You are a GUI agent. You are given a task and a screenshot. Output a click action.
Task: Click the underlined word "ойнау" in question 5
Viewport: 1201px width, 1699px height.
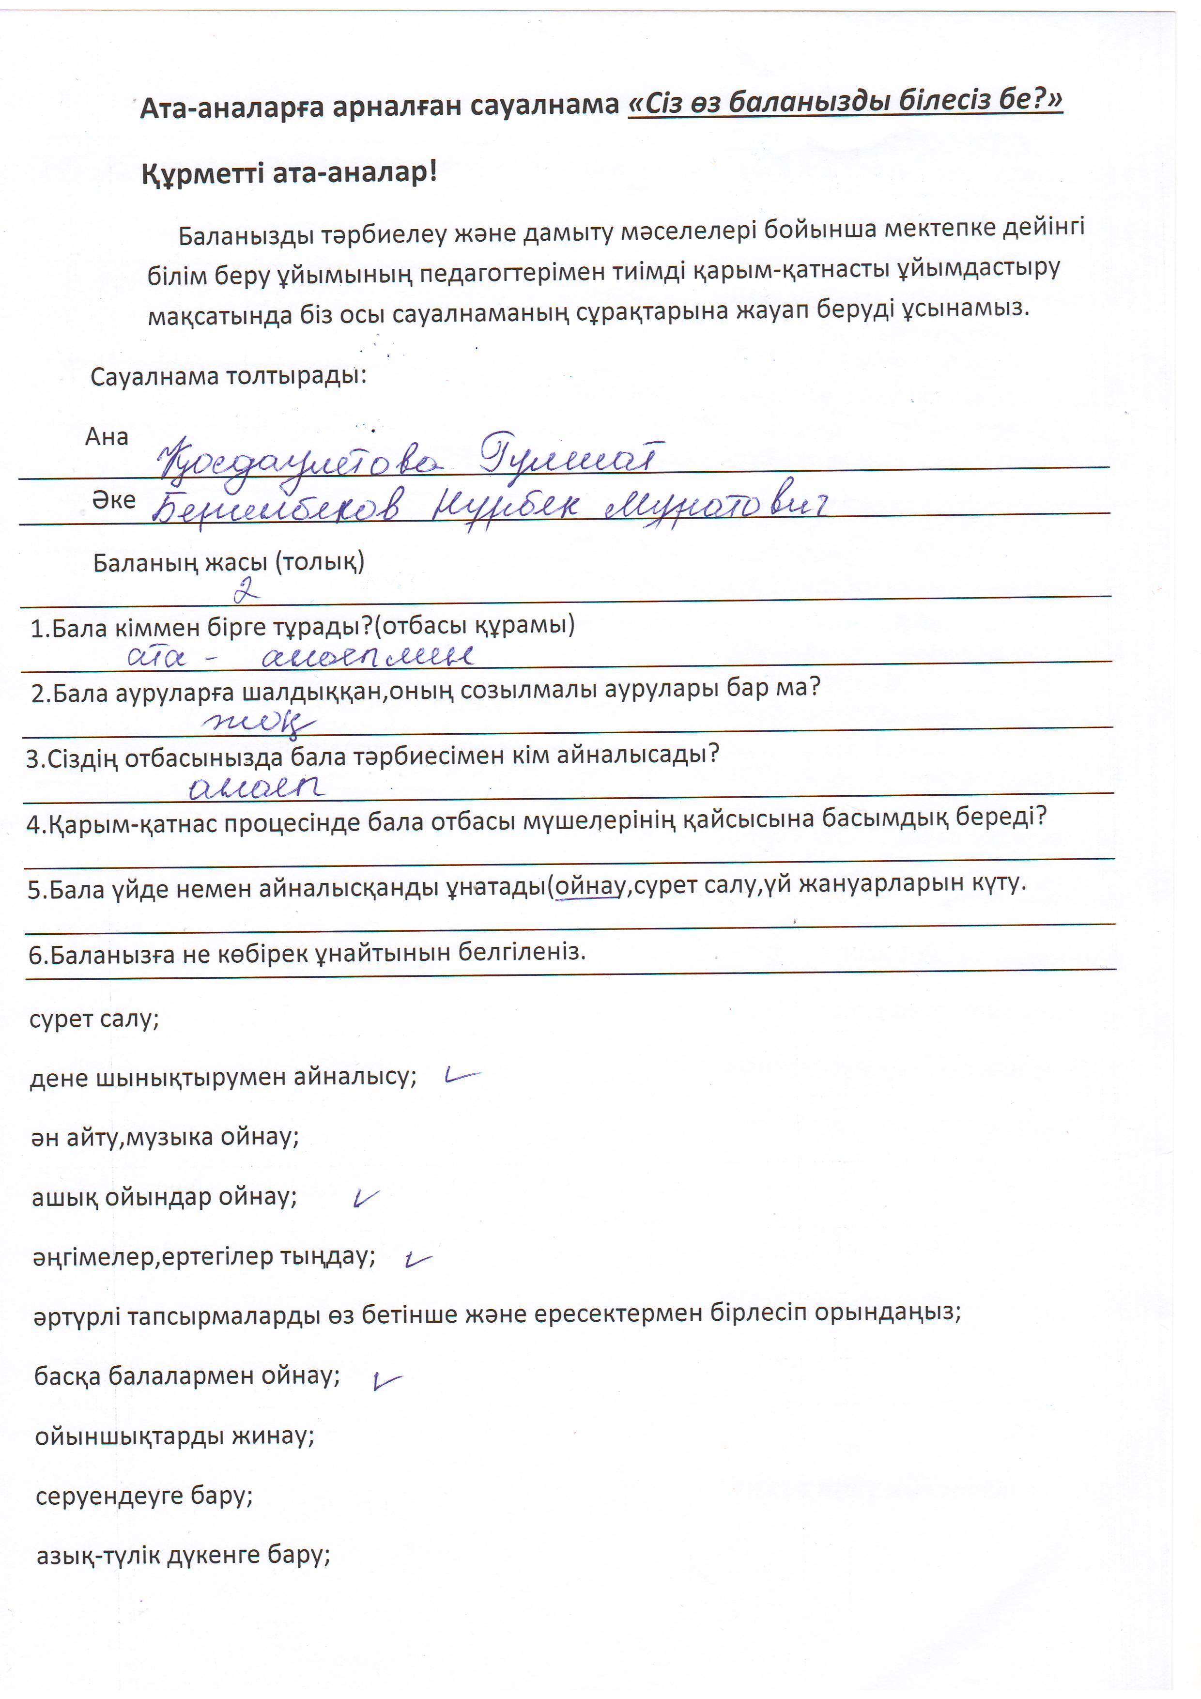pyautogui.click(x=590, y=886)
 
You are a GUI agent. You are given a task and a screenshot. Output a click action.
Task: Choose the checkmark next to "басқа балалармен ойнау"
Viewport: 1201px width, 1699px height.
pyautogui.click(x=386, y=1380)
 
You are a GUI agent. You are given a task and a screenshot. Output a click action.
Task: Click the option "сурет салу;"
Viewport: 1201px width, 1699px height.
pyautogui.click(x=94, y=1019)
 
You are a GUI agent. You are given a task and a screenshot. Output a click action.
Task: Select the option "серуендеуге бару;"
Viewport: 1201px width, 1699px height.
pyautogui.click(x=144, y=1496)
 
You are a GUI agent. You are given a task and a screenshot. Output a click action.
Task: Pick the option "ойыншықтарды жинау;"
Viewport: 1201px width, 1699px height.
pyautogui.click(x=175, y=1436)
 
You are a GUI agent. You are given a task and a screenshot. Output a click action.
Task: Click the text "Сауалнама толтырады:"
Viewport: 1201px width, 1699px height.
pyautogui.click(x=228, y=376)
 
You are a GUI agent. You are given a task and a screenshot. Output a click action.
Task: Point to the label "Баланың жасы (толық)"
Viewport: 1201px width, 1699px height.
pyautogui.click(x=228, y=562)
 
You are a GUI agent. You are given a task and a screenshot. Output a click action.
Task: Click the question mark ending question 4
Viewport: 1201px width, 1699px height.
pyautogui.click(x=1040, y=816)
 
